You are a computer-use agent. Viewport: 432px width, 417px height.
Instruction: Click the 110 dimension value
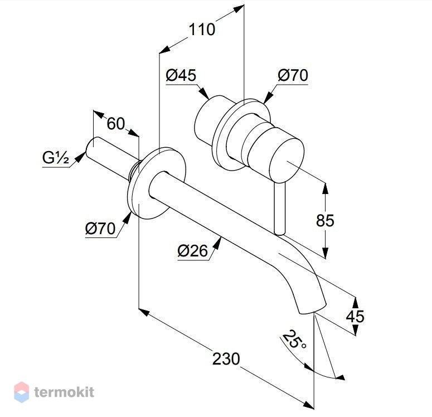[x=202, y=30]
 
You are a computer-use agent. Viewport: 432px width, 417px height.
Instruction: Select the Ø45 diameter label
[x=181, y=75]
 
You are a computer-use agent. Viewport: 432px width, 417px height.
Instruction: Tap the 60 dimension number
[x=116, y=124]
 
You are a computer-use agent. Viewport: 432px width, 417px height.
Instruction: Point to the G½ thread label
[x=55, y=158]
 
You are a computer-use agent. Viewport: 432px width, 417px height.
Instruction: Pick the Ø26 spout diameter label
[x=192, y=251]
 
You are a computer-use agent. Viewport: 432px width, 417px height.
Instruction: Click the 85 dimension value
[x=325, y=221]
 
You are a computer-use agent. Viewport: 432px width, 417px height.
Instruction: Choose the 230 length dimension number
[x=226, y=359]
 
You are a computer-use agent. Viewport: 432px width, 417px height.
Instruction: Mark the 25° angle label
[x=294, y=340]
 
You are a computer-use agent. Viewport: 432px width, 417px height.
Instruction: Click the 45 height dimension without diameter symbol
[x=355, y=317]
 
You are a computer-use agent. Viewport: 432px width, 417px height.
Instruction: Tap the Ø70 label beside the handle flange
[x=293, y=75]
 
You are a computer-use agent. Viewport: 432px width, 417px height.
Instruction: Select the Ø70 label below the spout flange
[x=100, y=229]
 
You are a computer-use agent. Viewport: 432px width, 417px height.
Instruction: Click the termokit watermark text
[x=64, y=392]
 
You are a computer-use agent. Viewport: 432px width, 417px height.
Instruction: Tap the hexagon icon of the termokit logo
[x=22, y=392]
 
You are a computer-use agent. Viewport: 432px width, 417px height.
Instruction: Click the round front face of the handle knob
[x=287, y=162]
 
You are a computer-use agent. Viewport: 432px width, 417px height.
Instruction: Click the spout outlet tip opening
[x=313, y=309]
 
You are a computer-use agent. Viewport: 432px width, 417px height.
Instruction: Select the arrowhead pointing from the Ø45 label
[x=203, y=93]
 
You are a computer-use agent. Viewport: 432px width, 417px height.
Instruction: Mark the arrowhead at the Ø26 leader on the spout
[x=217, y=243]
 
